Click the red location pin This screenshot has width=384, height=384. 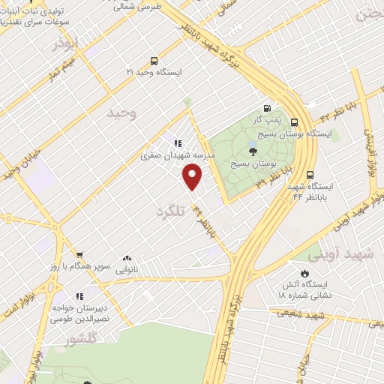pos(193,178)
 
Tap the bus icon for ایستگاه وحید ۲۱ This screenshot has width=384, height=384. pos(154,61)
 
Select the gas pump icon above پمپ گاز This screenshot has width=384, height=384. pos(267,107)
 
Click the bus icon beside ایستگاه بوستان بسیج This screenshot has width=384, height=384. pos(293,122)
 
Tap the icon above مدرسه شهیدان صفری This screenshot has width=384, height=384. pos(178,143)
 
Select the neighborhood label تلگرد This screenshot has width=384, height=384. pos(169,211)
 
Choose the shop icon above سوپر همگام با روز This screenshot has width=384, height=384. pos(79,255)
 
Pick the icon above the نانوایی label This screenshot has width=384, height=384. pos(126,257)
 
